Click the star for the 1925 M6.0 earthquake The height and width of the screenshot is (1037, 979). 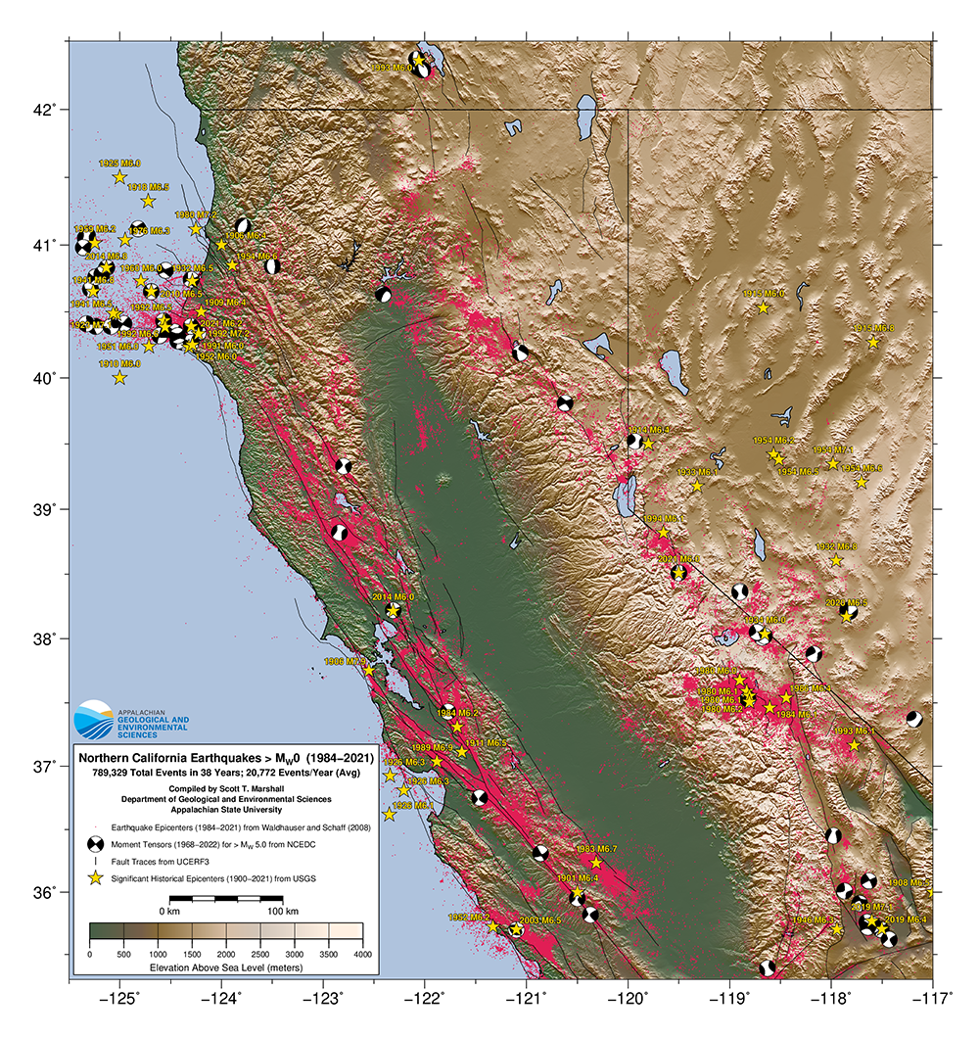tap(119, 177)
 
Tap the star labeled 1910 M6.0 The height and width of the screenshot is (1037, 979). tap(119, 378)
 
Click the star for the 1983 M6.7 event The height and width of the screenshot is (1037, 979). tap(595, 863)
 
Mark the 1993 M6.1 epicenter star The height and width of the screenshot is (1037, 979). tap(854, 745)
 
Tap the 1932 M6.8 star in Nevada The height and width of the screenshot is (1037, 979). tap(836, 560)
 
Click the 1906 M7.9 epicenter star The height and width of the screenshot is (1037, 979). tap(369, 671)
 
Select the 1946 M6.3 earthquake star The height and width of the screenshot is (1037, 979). tap(837, 929)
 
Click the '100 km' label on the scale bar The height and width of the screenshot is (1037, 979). tap(283, 911)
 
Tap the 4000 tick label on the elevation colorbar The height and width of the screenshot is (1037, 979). tap(362, 953)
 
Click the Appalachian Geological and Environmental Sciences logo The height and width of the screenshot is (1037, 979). tap(94, 718)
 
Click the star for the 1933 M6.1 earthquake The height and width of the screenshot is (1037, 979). tap(697, 486)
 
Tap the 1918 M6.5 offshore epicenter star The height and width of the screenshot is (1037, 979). tap(148, 201)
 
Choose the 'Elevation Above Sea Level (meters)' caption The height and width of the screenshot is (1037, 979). tap(225, 966)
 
